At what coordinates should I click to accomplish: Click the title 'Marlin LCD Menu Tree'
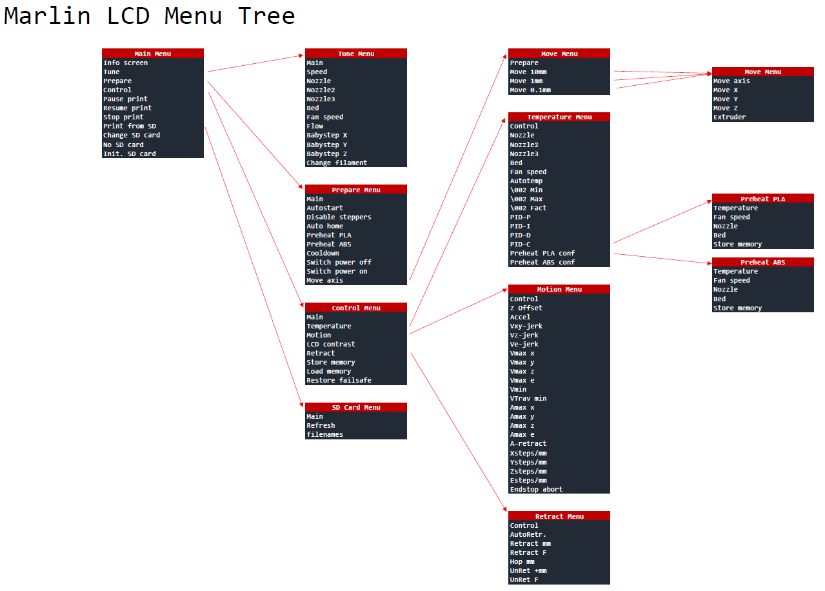(149, 16)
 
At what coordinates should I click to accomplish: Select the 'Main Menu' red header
(153, 54)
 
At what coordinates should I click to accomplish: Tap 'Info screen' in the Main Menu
(126, 63)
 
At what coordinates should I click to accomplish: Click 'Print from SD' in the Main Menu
(130, 126)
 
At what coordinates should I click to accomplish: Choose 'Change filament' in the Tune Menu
(337, 163)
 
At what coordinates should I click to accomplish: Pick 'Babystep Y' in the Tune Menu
(327, 145)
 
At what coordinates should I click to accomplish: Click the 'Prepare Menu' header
(356, 190)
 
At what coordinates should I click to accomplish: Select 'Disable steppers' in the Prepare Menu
(339, 217)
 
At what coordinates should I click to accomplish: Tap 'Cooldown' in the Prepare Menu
(323, 253)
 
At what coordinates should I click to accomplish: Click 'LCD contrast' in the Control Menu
(331, 344)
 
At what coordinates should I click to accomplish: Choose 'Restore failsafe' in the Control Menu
(339, 380)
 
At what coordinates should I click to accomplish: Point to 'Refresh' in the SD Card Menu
(321, 425)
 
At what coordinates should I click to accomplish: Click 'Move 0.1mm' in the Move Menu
(530, 90)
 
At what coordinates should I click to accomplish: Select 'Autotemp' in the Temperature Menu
(526, 181)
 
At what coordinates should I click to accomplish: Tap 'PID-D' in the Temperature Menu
(521, 235)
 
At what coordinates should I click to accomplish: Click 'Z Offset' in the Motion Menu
(526, 308)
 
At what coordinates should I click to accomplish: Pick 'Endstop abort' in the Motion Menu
(536, 489)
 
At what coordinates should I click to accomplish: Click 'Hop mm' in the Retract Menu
(522, 561)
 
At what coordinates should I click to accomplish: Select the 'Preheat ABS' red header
(763, 262)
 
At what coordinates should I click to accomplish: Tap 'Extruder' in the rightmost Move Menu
(730, 117)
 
